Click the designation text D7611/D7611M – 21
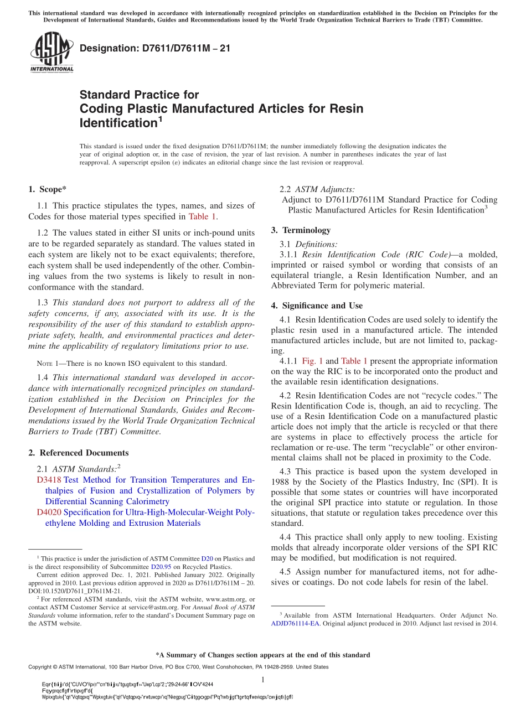tap(155, 48)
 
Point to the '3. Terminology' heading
tap(301, 230)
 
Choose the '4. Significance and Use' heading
tap(317, 306)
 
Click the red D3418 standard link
tap(48, 480)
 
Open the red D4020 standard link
tap(48, 513)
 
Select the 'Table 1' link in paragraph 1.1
tap(203, 216)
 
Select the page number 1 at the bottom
tap(263, 680)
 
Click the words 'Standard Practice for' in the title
tap(139, 95)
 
